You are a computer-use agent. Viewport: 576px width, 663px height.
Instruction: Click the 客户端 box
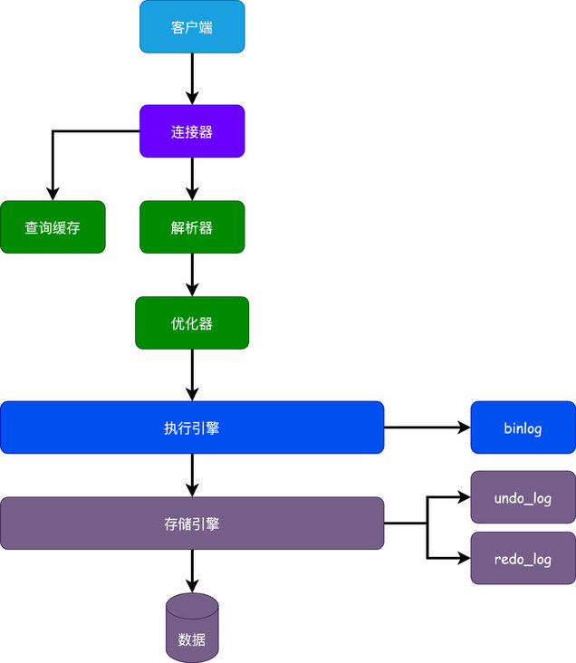pos(192,26)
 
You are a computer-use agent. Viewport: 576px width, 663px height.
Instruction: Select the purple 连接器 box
pos(192,131)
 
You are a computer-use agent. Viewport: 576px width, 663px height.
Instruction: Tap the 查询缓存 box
pos(53,227)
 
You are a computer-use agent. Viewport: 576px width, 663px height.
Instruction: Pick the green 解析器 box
pos(192,227)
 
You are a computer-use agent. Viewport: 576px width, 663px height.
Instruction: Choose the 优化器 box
pos(192,323)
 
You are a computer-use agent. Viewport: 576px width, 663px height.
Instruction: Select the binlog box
pos(523,428)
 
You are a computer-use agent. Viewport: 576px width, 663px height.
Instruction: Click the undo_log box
pos(523,498)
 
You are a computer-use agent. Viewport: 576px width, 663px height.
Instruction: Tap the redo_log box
pos(523,559)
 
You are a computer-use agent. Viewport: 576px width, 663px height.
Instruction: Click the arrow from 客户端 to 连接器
pos(192,79)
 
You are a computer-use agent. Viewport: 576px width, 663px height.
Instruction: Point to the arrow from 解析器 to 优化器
pos(192,274)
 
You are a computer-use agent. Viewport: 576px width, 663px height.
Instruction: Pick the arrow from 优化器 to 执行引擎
pos(192,375)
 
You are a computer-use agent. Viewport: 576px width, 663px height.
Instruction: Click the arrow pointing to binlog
pos(427,428)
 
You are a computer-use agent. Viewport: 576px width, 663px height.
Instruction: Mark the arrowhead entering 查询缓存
pos(53,193)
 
